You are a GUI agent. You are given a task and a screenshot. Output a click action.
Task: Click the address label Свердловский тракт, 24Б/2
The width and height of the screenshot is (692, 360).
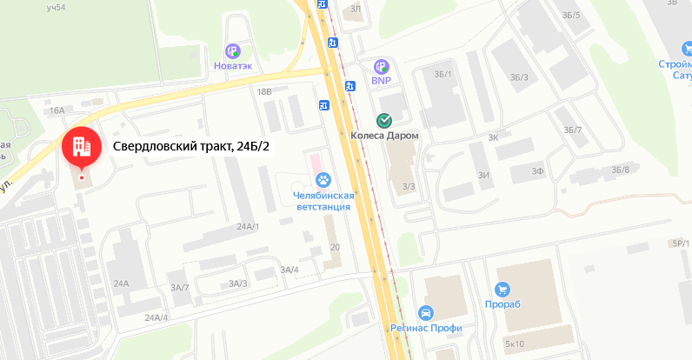[191, 146]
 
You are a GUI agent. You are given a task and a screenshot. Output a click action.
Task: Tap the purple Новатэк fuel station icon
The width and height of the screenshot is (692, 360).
[233, 51]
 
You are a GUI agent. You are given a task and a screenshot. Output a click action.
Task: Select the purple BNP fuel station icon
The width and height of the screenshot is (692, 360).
[381, 66]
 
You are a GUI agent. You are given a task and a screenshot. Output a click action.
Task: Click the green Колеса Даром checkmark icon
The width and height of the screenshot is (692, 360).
[383, 121]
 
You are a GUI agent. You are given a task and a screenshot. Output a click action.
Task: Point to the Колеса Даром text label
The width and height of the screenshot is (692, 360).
[384, 137]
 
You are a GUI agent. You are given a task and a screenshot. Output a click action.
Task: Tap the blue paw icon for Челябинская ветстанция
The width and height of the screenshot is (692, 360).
[323, 180]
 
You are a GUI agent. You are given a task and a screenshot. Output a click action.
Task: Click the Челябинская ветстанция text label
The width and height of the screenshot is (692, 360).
[322, 201]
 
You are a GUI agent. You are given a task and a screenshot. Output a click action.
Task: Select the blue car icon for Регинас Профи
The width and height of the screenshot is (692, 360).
[425, 313]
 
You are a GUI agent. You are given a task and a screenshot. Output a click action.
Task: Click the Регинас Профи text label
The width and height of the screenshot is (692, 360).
[426, 329]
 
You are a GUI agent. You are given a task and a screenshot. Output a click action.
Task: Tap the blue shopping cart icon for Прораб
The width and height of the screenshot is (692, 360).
[502, 290]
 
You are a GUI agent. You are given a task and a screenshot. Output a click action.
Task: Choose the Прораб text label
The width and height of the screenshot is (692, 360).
[502, 305]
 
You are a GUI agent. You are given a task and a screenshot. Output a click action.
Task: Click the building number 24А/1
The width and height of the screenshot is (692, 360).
[248, 226]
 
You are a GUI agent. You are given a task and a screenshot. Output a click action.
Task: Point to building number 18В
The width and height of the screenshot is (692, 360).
[264, 91]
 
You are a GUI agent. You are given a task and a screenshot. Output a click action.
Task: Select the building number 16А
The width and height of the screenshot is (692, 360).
[57, 110]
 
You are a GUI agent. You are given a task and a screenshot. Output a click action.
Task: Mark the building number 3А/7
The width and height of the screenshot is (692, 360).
[179, 287]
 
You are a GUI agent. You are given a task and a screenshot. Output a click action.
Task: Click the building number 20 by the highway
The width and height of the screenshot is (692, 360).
[335, 248]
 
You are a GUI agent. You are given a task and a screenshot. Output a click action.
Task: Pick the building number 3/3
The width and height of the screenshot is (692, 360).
[409, 186]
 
